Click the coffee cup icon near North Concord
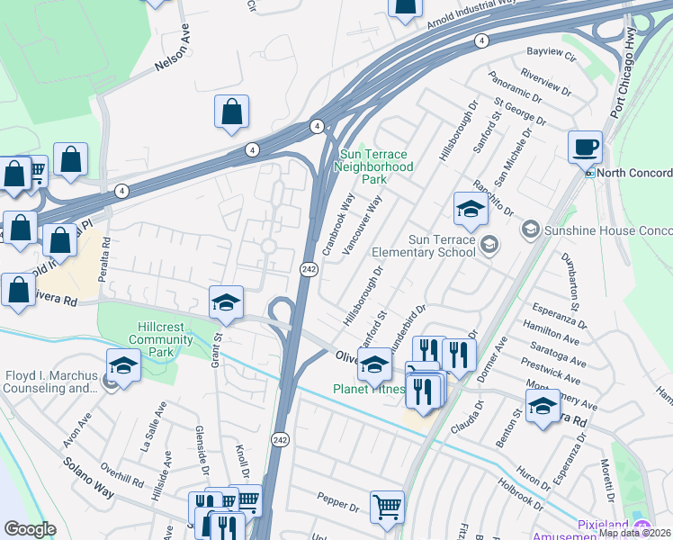[x=585, y=146]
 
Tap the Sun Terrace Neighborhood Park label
[x=375, y=166]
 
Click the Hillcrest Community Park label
[x=161, y=339]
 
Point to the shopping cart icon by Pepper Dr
[x=387, y=506]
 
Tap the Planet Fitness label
[x=370, y=390]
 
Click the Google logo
[x=29, y=528]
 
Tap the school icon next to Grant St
[x=227, y=302]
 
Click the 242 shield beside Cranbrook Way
[x=309, y=270]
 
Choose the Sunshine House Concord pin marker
[x=530, y=229]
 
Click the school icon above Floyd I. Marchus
[x=123, y=364]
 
